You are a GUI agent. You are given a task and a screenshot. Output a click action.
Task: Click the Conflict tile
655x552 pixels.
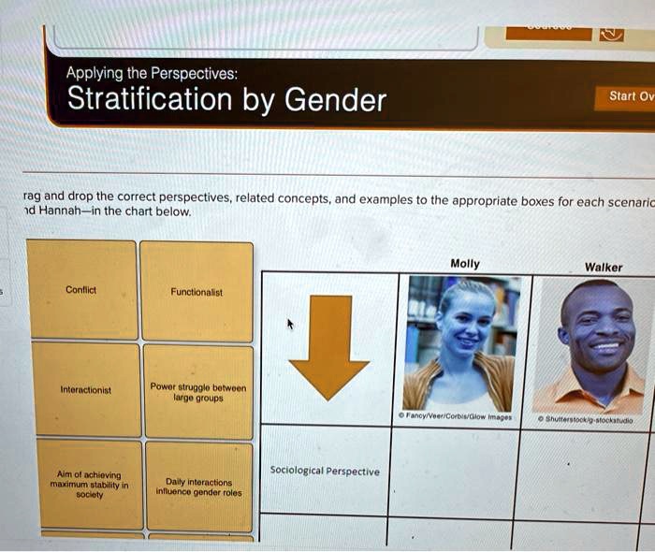[x=82, y=290]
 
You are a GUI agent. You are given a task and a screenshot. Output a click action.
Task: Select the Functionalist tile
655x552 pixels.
[x=196, y=292]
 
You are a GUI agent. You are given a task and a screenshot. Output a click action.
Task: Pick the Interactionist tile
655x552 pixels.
[x=84, y=390]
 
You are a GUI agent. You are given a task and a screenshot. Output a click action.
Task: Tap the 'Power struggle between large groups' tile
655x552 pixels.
[x=197, y=390]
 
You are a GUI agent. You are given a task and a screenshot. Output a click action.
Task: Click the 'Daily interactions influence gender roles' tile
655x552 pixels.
[x=198, y=485]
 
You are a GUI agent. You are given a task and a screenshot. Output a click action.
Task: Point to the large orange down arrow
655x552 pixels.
[x=327, y=347]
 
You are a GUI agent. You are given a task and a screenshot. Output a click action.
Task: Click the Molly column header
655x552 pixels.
[x=465, y=264]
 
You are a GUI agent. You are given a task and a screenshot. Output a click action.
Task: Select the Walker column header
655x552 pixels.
[x=603, y=267]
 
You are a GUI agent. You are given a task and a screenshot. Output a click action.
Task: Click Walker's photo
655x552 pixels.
[x=596, y=346]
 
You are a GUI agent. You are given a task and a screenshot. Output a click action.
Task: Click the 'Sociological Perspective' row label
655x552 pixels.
[x=324, y=472]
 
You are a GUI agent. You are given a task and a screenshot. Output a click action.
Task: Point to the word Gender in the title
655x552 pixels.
[x=335, y=98]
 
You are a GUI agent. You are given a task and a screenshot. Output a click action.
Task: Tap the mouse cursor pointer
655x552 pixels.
[x=290, y=324]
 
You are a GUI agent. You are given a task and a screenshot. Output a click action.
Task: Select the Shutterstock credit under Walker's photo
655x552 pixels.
[x=589, y=421]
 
